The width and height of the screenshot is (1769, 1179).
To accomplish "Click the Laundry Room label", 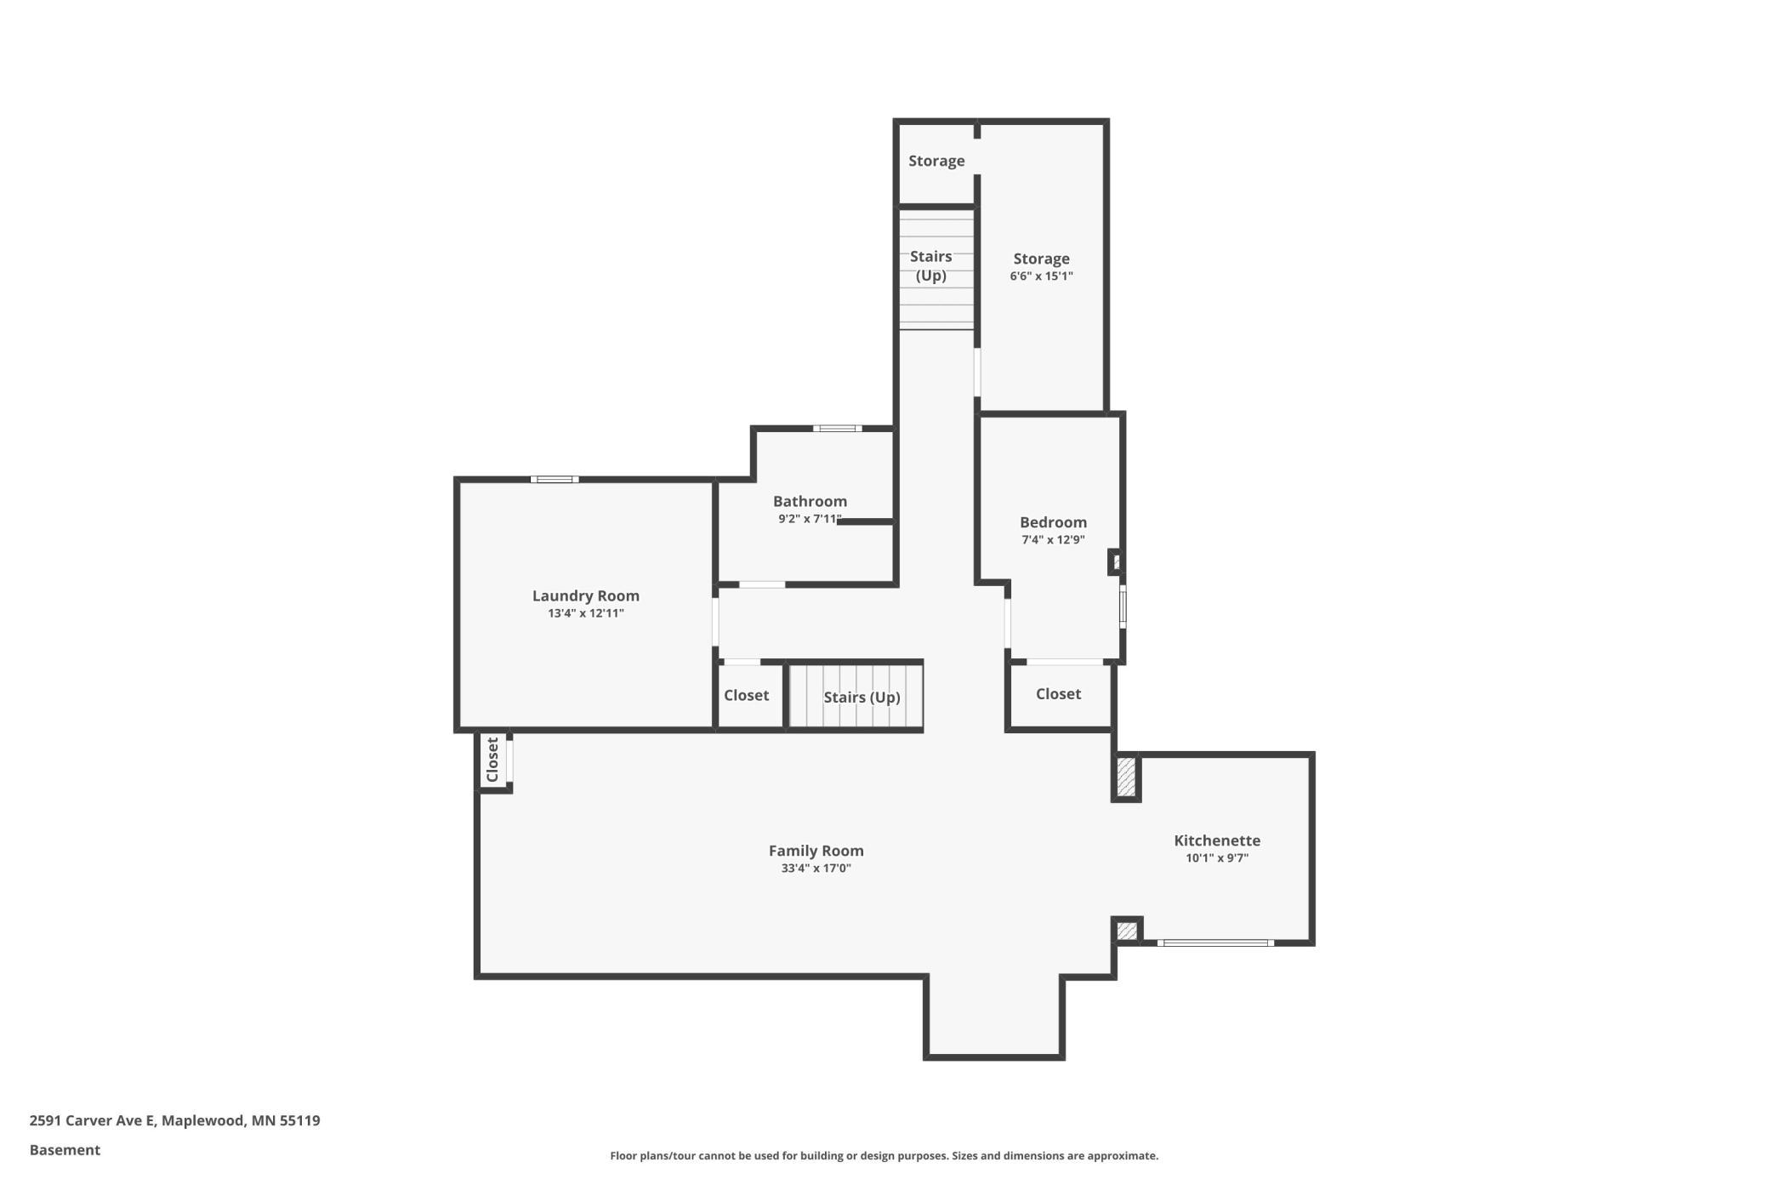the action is coord(585,595).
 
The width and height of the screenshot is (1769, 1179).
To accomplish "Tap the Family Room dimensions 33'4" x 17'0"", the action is coord(816,869).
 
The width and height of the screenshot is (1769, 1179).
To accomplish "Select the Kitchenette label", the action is coord(1217,840).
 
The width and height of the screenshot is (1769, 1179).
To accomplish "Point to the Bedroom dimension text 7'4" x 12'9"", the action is coord(1053,539).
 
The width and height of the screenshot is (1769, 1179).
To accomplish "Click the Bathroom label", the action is coord(810,501).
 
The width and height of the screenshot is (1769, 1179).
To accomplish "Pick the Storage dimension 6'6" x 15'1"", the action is coord(1041,276).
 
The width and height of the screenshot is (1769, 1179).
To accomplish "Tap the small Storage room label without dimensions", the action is coord(936,161).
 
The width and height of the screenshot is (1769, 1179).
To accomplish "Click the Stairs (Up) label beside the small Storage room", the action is coord(931,265).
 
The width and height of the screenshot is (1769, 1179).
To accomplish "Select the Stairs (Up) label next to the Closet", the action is coord(862,698).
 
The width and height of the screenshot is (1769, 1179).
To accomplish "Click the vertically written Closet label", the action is coord(492,760).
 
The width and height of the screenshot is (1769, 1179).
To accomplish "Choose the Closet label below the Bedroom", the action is coord(1058,694).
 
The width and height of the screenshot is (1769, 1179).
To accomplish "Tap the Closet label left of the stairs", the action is coord(746,695).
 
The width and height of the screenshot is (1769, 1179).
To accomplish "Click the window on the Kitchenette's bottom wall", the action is coord(1215,943).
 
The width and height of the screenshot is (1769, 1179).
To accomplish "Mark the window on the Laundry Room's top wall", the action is coord(555,480).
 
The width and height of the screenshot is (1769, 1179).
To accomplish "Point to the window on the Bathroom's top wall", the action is coord(837,429).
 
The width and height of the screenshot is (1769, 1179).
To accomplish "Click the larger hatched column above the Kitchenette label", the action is coord(1126,777).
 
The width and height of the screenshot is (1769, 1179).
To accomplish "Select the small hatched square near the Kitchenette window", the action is coord(1127,931).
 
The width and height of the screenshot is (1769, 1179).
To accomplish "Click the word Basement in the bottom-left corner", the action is coord(65,1150).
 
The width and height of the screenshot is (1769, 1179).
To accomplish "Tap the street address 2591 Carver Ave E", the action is coord(92,1120).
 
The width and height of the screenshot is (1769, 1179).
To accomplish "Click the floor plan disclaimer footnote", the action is coord(884,1155).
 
